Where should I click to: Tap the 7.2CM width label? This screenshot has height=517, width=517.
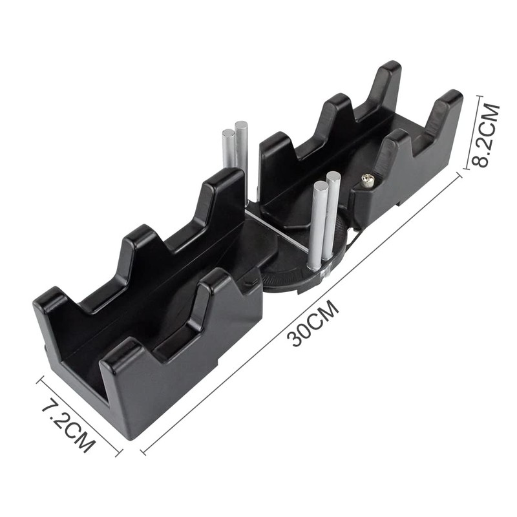pyautogui.click(x=68, y=427)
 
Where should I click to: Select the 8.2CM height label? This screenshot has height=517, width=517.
pyautogui.click(x=486, y=135)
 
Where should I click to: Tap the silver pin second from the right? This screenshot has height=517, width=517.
pyautogui.click(x=318, y=223)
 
